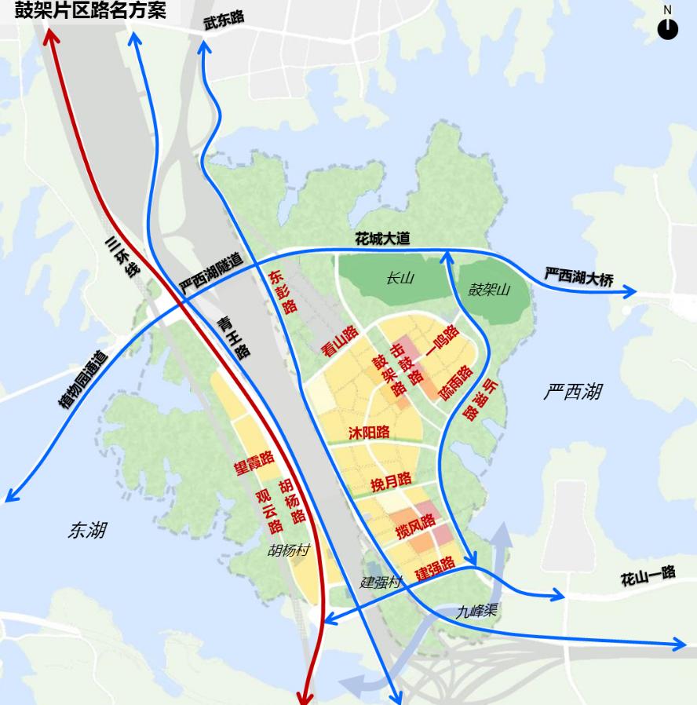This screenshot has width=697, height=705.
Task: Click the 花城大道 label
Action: tap(382, 239)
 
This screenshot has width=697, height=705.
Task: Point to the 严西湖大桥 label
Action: tap(579, 277)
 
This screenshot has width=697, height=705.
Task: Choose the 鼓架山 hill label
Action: tap(490, 290)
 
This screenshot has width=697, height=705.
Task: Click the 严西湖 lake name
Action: tap(573, 391)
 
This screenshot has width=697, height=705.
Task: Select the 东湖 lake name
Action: tap(86, 531)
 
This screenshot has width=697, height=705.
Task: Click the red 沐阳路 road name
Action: tap(369, 433)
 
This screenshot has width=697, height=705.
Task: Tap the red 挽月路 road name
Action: tap(391, 480)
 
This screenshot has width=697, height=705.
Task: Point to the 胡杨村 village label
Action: tap(288, 550)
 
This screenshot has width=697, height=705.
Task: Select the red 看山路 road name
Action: tap(340, 342)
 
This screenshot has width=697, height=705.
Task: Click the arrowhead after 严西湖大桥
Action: tap(631, 293)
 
